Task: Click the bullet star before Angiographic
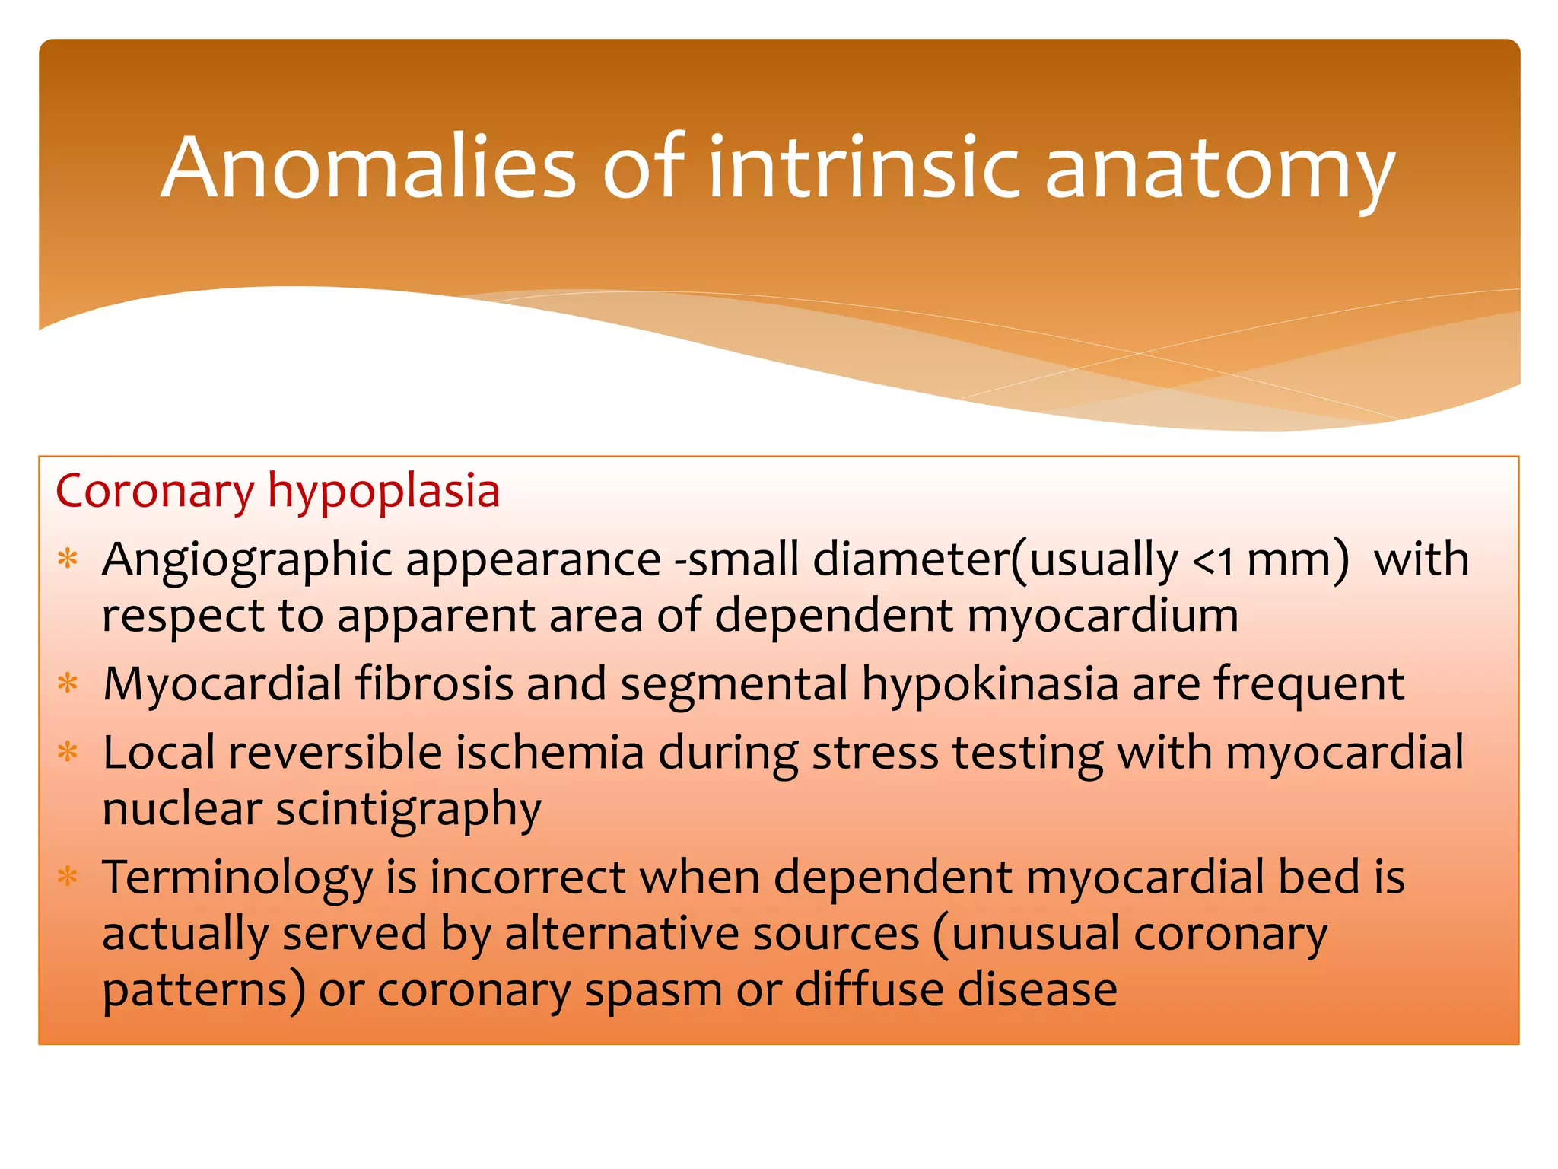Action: pos(68,559)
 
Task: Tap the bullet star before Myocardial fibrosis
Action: pos(68,683)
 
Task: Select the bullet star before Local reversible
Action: pos(68,753)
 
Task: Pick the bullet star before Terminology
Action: pos(68,877)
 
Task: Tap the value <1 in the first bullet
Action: pos(1213,561)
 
